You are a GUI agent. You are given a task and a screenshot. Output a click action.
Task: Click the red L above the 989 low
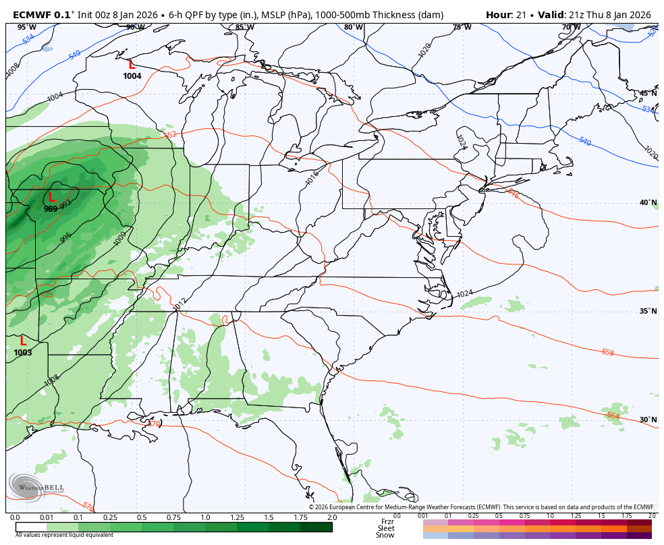(x=51, y=198)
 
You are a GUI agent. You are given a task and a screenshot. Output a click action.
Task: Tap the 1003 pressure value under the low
(x=23, y=353)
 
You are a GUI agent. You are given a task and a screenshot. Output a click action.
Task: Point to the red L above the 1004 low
(x=132, y=65)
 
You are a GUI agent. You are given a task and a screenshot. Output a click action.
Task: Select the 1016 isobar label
(x=312, y=178)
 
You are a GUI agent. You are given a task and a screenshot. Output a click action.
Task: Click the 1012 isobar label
(x=179, y=305)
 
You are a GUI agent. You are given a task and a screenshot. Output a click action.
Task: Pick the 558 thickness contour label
(x=607, y=352)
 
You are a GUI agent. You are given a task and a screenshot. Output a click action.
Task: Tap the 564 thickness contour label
(x=613, y=415)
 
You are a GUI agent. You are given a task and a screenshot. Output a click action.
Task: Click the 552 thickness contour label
(x=169, y=135)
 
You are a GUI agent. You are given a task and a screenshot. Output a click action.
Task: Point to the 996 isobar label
(x=65, y=237)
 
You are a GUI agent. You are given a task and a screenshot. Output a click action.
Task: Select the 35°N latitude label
(x=648, y=311)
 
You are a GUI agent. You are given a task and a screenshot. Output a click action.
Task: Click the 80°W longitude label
(x=354, y=28)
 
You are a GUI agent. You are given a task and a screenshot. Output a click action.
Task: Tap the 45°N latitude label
(x=648, y=94)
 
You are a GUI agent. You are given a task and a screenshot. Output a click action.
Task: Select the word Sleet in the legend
(x=386, y=528)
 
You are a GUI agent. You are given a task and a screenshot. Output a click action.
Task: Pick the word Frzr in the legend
(x=387, y=521)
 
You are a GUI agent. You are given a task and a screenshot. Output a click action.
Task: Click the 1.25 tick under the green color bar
(x=236, y=517)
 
